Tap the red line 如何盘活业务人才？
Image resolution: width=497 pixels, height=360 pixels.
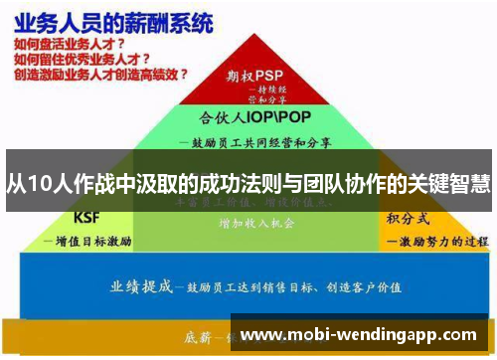point(70,45)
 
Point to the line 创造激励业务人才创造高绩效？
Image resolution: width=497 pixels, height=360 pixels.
point(100,74)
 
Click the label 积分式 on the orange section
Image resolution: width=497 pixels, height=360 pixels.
point(408,217)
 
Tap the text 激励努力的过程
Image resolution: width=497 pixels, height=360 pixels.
point(437,241)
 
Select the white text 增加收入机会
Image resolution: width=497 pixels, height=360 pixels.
point(256,224)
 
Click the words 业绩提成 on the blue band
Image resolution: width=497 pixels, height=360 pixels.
point(141,285)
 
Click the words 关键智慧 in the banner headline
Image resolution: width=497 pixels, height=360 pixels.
point(446,182)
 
